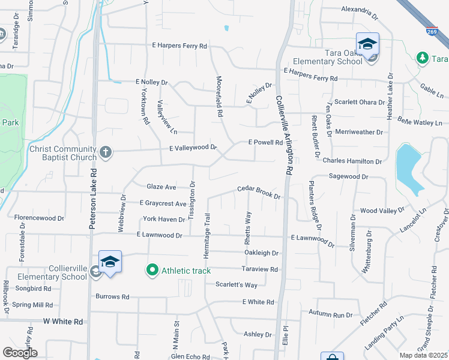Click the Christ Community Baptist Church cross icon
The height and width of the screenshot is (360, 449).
106,151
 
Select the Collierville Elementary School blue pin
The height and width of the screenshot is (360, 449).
110,262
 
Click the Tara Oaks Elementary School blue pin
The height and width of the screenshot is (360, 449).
367,43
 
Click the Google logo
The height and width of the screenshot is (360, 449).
20,353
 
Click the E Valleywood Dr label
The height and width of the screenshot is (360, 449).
193,147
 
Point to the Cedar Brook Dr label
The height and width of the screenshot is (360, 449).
259,191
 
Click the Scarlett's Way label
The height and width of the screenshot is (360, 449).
237,284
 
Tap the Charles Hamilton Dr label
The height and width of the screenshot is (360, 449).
352,161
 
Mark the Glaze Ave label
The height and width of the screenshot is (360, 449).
162,187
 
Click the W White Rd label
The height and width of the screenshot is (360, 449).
63,322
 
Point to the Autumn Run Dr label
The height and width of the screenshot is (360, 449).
331,314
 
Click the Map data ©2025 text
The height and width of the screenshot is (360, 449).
423,355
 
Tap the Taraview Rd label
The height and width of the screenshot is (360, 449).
260,269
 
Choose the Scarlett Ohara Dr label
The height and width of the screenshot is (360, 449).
360,102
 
